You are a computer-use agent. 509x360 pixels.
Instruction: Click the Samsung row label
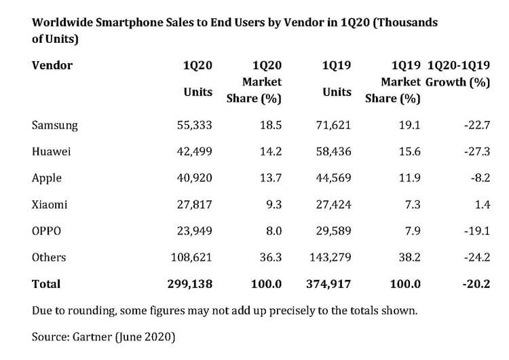55,126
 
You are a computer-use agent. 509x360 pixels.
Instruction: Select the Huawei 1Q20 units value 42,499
194,152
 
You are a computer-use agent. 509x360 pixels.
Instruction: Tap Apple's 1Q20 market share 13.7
271,178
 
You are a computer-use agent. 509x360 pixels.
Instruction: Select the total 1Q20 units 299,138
191,284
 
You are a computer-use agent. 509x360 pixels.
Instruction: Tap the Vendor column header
52,66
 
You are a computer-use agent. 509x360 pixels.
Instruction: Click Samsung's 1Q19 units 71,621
333,126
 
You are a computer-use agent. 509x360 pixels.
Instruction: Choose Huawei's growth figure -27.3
476,152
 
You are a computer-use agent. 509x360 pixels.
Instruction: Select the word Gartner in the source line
90,336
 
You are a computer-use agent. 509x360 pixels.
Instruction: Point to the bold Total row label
46,284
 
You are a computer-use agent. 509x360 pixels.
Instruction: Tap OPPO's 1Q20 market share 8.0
274,231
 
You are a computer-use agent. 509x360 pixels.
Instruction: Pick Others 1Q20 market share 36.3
271,257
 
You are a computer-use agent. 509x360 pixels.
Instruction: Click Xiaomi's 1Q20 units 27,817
194,204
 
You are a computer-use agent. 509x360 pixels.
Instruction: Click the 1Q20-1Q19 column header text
459,66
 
